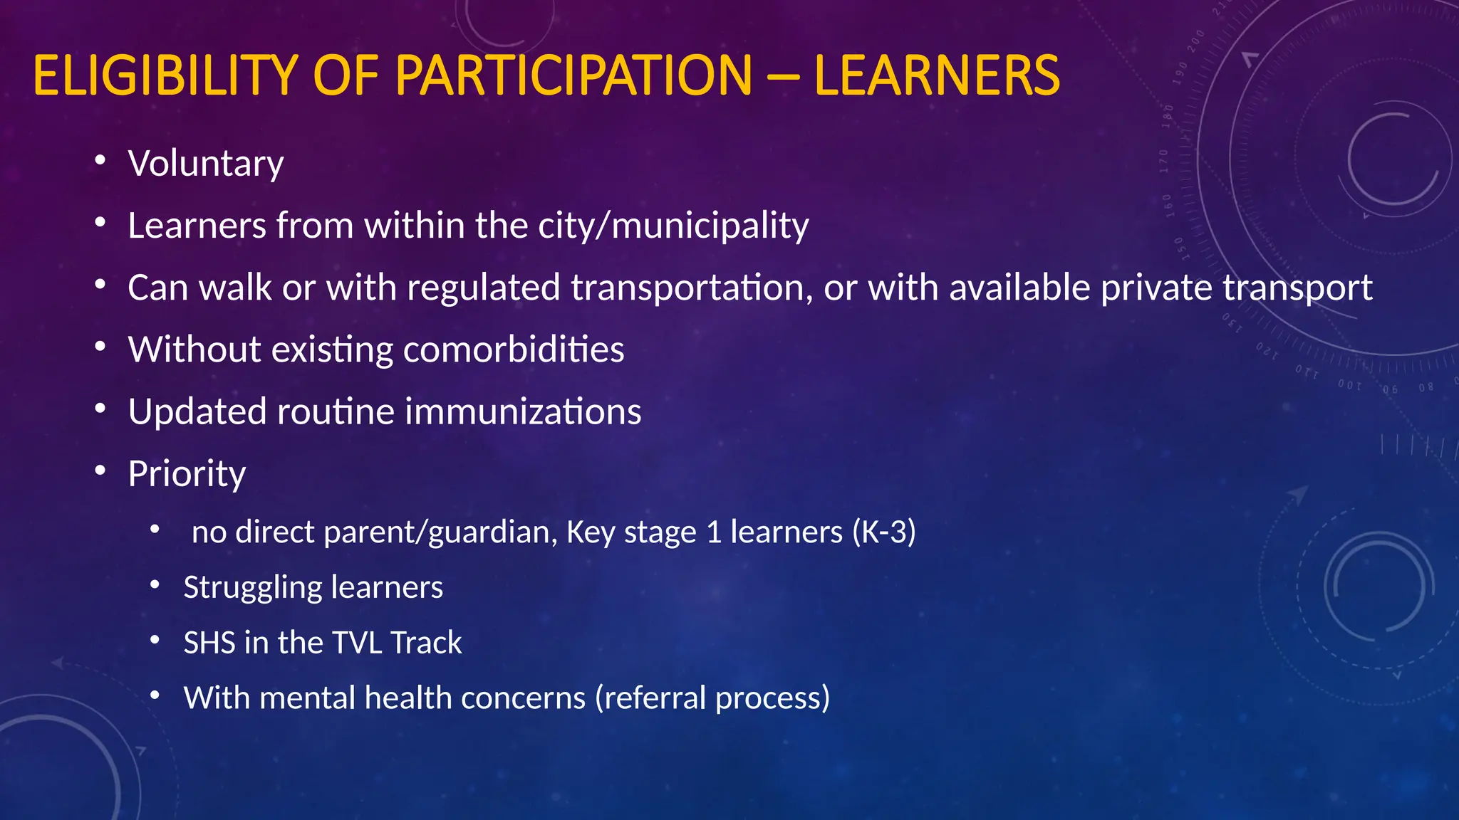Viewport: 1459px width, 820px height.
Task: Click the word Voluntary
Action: tap(206, 164)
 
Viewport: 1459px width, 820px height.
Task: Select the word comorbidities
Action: tap(514, 350)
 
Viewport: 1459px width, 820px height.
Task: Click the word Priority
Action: tap(187, 475)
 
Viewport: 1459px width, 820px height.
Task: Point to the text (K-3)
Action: tap(884, 532)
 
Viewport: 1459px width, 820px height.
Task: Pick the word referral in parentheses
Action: tap(655, 698)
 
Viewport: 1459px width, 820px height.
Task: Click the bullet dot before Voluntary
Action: tap(100, 160)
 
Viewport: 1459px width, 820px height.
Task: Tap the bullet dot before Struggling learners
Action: tap(155, 585)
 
